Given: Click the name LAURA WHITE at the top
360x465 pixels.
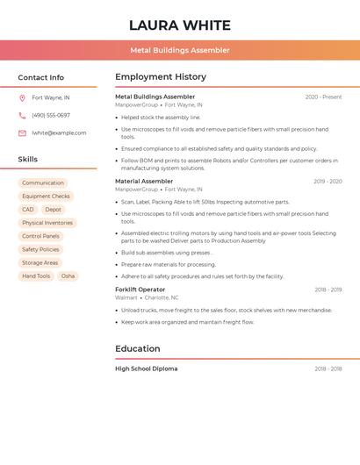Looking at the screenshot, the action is click(180, 25).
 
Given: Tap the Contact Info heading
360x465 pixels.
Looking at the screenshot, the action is click(40, 77).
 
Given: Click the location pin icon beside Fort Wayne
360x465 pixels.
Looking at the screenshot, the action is click(22, 97).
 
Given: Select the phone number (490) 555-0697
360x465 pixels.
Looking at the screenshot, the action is click(51, 115).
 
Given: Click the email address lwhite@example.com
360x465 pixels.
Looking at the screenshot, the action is click(59, 132).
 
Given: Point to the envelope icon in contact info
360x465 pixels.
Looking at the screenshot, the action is click(22, 132).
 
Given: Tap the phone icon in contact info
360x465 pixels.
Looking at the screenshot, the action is click(22, 115).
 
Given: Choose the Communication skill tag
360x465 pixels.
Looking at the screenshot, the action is click(43, 183).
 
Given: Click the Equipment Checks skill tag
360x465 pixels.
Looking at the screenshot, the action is click(46, 197).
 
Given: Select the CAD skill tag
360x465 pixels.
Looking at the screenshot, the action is click(28, 210).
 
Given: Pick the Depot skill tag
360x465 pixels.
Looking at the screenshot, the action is click(54, 210).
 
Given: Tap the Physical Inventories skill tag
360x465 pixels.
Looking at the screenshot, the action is click(47, 223).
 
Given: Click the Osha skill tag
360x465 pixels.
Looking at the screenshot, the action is click(68, 276).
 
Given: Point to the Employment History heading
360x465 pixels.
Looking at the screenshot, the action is click(161, 77).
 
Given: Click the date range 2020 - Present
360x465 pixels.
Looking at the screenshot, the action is click(323, 97).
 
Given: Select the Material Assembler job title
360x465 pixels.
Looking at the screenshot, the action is click(144, 181).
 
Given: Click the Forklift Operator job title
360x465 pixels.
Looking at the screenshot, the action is click(140, 290).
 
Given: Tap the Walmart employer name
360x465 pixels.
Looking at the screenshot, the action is click(126, 297).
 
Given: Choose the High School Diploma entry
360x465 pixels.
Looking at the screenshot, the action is click(146, 368).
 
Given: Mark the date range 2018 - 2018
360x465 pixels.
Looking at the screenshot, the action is click(328, 368).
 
